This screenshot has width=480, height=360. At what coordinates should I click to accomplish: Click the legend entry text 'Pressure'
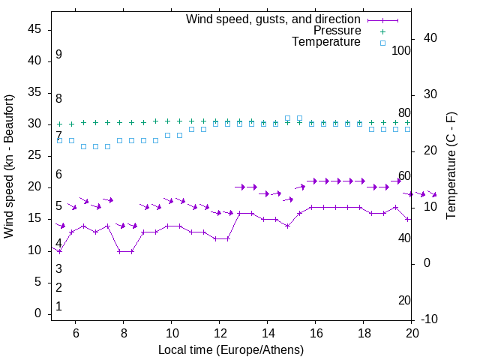[337, 31]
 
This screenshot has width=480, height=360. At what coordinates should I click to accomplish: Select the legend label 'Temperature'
[326, 42]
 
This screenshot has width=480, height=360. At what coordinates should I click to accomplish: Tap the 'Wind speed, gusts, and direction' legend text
[274, 19]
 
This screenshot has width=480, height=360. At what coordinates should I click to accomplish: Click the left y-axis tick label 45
[34, 29]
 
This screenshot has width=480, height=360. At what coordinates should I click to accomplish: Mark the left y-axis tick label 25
[34, 155]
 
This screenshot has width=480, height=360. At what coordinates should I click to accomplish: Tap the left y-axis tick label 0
[38, 313]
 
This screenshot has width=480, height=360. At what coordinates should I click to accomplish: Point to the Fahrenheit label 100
[401, 50]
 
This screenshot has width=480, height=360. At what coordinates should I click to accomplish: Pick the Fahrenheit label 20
[404, 300]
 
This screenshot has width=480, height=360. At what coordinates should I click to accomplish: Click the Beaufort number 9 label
[58, 55]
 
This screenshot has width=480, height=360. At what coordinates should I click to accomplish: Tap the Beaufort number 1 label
[58, 307]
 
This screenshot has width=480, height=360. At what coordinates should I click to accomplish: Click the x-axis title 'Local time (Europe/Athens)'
[231, 349]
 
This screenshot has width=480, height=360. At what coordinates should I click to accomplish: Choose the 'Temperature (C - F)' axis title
[451, 166]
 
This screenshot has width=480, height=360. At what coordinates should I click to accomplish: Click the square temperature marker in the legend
[382, 43]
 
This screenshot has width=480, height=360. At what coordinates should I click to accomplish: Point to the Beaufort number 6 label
[58, 174]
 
